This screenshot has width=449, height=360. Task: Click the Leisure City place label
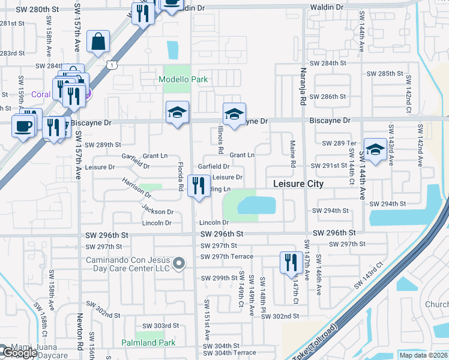(x=298, y=184)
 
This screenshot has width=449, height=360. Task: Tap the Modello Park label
(x=183, y=79)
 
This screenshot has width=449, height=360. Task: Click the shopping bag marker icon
(x=98, y=43)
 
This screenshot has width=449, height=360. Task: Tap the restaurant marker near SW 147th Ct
(x=289, y=263)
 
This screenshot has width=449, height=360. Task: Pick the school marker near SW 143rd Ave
(x=375, y=151)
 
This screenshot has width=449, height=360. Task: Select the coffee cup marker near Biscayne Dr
(x=23, y=127)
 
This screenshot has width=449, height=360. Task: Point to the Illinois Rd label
(x=221, y=142)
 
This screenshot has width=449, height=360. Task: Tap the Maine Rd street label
(x=293, y=154)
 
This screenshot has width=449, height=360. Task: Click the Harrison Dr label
(x=136, y=187)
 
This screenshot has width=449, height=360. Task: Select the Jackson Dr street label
(x=158, y=211)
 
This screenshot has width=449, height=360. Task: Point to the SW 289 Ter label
(x=339, y=143)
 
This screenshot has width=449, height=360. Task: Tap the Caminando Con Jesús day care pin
(x=178, y=263)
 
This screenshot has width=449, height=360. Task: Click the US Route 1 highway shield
(x=111, y=64)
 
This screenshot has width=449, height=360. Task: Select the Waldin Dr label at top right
(x=327, y=7)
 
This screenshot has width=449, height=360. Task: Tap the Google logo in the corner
(x=19, y=353)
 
